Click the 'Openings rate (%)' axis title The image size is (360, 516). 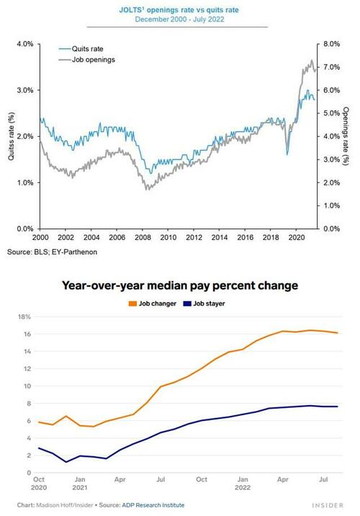click(x=346, y=136)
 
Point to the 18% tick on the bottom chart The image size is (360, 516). click(x=23, y=317)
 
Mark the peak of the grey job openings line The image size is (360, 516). click(x=311, y=61)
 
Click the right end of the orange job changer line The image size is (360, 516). click(x=338, y=333)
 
